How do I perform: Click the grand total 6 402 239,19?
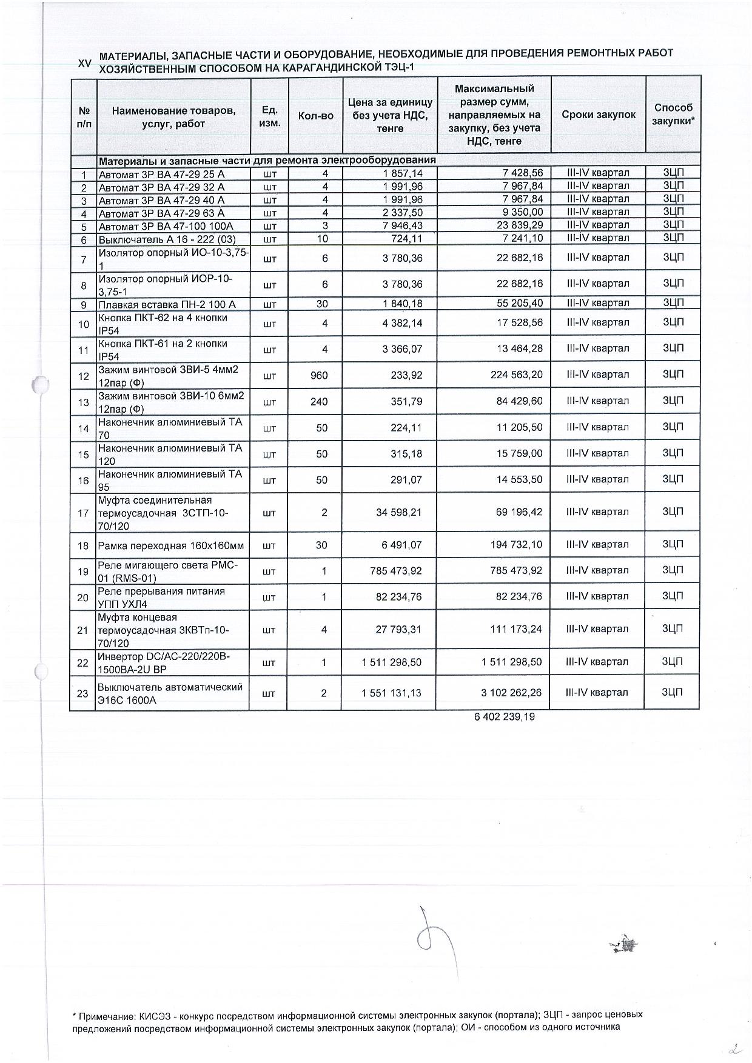[504, 717]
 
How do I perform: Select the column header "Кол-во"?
[316, 115]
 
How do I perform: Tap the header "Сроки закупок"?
[598, 115]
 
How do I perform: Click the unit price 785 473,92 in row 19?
[390, 571]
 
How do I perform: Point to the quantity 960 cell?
[319, 376]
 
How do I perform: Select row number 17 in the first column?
[83, 513]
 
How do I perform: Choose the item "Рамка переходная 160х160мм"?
[171, 546]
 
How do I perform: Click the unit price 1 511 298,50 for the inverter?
[391, 662]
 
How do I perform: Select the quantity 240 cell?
[319, 401]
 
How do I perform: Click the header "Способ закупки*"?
[673, 114]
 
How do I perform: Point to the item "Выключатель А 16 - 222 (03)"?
[167, 239]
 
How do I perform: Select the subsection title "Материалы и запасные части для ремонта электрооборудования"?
[267, 161]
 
